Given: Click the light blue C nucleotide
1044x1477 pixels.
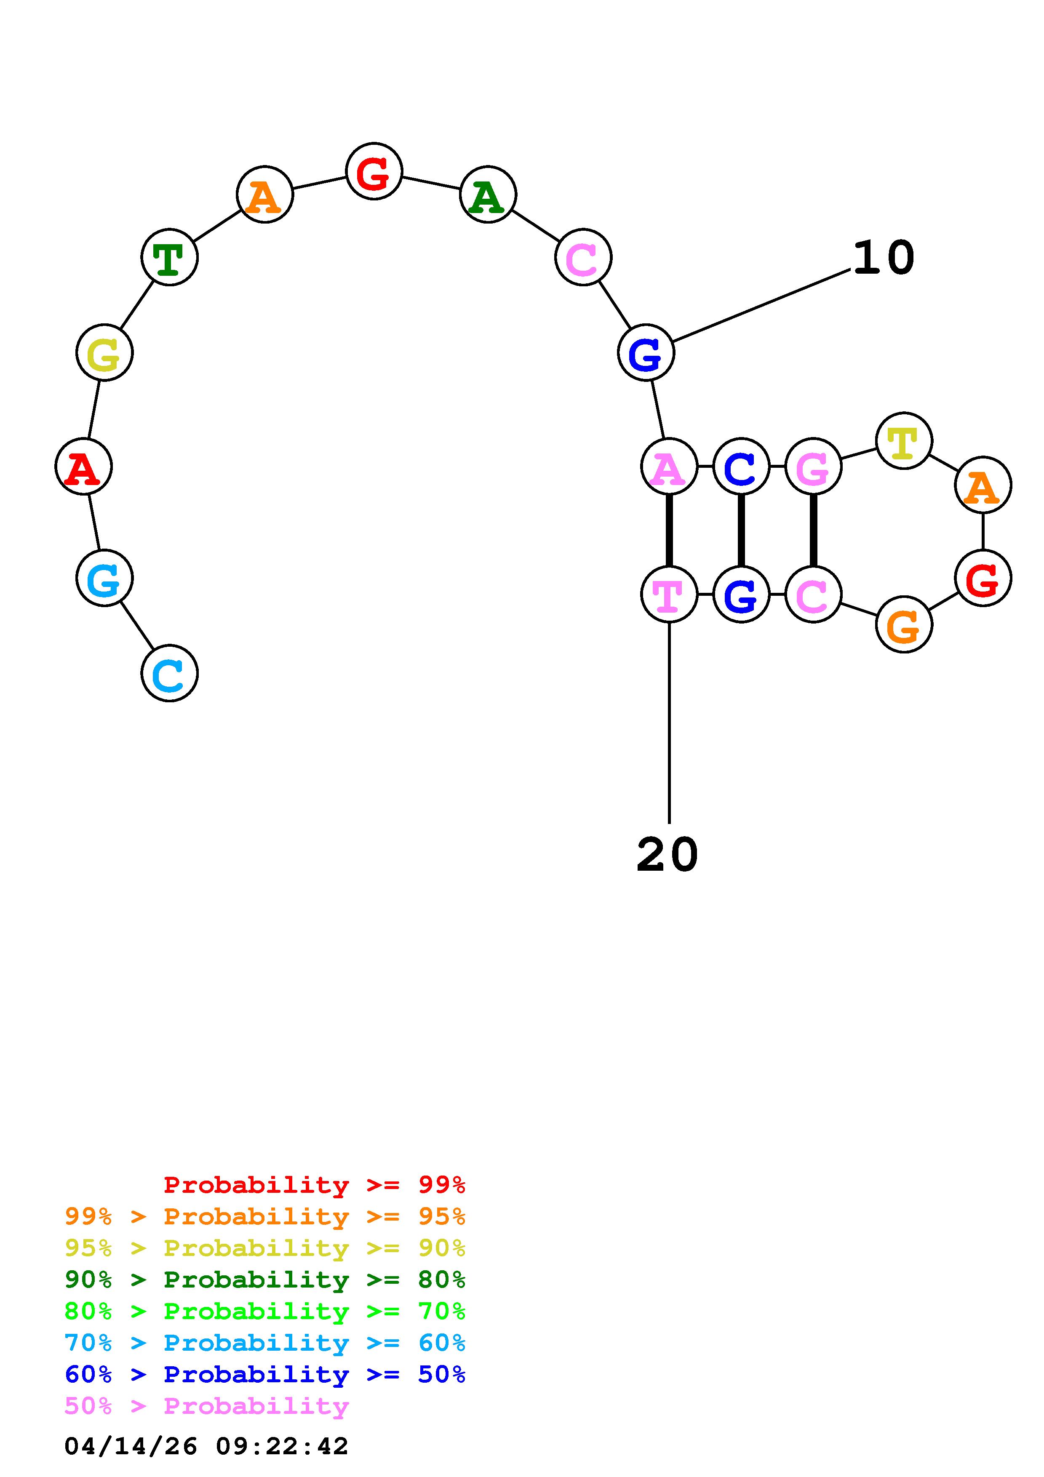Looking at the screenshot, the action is (169, 674).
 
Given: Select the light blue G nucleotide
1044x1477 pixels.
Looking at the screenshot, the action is (104, 579).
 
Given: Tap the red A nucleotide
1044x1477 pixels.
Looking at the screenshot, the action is (84, 467).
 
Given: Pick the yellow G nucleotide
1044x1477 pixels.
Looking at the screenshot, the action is (104, 353).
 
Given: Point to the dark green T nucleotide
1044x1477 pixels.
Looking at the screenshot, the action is (169, 257).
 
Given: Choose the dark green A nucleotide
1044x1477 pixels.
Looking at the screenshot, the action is (488, 194).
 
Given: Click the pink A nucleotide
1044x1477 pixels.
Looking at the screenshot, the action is (669, 467).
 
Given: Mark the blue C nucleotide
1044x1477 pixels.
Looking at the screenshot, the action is (741, 467).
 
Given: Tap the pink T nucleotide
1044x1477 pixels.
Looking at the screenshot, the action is (669, 595).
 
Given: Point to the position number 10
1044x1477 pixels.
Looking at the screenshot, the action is (883, 257).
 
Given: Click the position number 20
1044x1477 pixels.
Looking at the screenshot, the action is (667, 855).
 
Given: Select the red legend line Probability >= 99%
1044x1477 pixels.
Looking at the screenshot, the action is (314, 1185).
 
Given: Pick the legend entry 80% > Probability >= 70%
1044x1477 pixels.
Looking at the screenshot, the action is (265, 1311).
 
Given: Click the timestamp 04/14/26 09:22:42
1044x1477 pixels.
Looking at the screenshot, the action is (206, 1446).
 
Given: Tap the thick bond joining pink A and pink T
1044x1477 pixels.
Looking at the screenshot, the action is (669, 531).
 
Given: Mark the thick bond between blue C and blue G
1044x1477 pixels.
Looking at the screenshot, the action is (741, 531).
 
